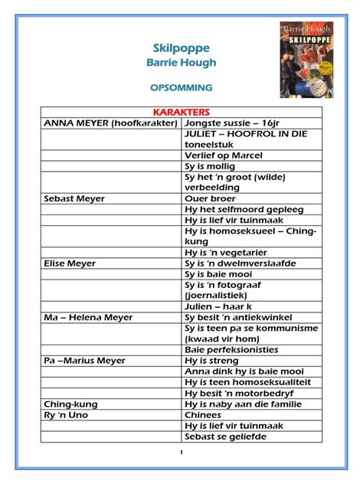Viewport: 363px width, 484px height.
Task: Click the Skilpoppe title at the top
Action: pos(181,48)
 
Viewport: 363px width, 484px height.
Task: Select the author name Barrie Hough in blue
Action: pos(181,63)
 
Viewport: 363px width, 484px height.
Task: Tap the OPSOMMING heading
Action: pos(181,88)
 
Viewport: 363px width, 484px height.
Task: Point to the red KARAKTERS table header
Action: pos(181,112)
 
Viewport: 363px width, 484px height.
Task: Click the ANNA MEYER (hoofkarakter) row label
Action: pos(111,123)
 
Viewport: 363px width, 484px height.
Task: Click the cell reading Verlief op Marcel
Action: pos(223,155)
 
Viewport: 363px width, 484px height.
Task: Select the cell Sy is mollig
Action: pos(212,166)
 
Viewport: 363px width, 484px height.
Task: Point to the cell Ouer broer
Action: pos(210,198)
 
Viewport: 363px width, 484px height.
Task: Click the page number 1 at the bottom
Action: pos(181,453)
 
